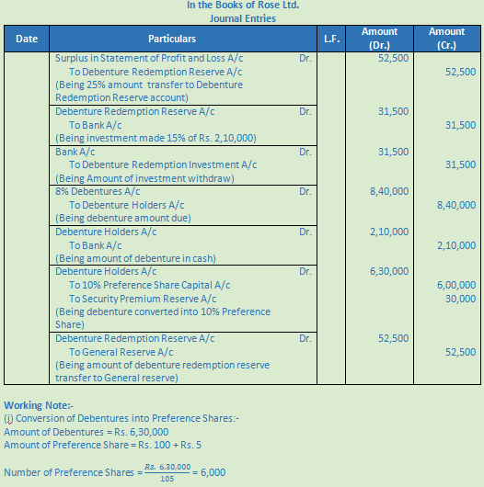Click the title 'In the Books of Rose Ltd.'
(242, 6)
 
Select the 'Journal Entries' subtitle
(242, 18)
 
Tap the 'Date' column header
(27, 40)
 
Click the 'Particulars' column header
(172, 40)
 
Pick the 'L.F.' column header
(331, 40)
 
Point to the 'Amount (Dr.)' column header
(379, 39)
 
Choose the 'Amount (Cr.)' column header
(447, 39)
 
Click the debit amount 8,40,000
(391, 192)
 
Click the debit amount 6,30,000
(391, 272)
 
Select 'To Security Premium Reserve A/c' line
(143, 299)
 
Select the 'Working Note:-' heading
(40, 405)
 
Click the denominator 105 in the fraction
(167, 478)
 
